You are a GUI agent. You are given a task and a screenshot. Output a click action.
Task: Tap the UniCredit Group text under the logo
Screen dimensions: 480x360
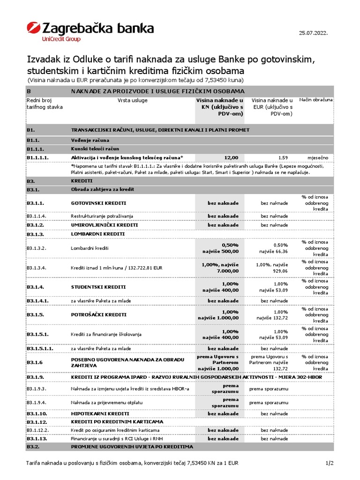(x=61, y=39)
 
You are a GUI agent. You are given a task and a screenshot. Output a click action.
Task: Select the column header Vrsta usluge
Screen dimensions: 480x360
(x=132, y=100)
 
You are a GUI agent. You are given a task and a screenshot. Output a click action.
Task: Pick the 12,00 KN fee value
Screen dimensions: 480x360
(x=231, y=157)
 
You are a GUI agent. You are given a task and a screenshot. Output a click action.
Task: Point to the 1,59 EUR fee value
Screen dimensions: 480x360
(x=283, y=157)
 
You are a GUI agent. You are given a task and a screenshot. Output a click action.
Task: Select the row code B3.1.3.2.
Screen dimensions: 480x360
(x=39, y=247)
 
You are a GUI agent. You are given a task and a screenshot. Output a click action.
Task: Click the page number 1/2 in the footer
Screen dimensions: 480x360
(x=329, y=464)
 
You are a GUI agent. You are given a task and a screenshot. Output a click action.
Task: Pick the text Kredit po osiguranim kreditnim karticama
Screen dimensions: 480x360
(x=115, y=430)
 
